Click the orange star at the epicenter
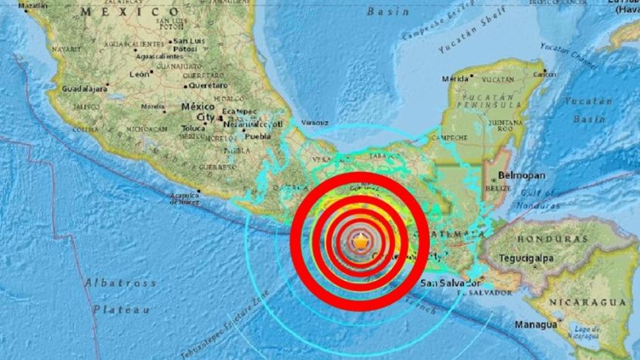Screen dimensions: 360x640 (362, 242)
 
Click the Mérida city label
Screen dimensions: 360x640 (455, 78)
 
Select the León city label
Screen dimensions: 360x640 (140, 74)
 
